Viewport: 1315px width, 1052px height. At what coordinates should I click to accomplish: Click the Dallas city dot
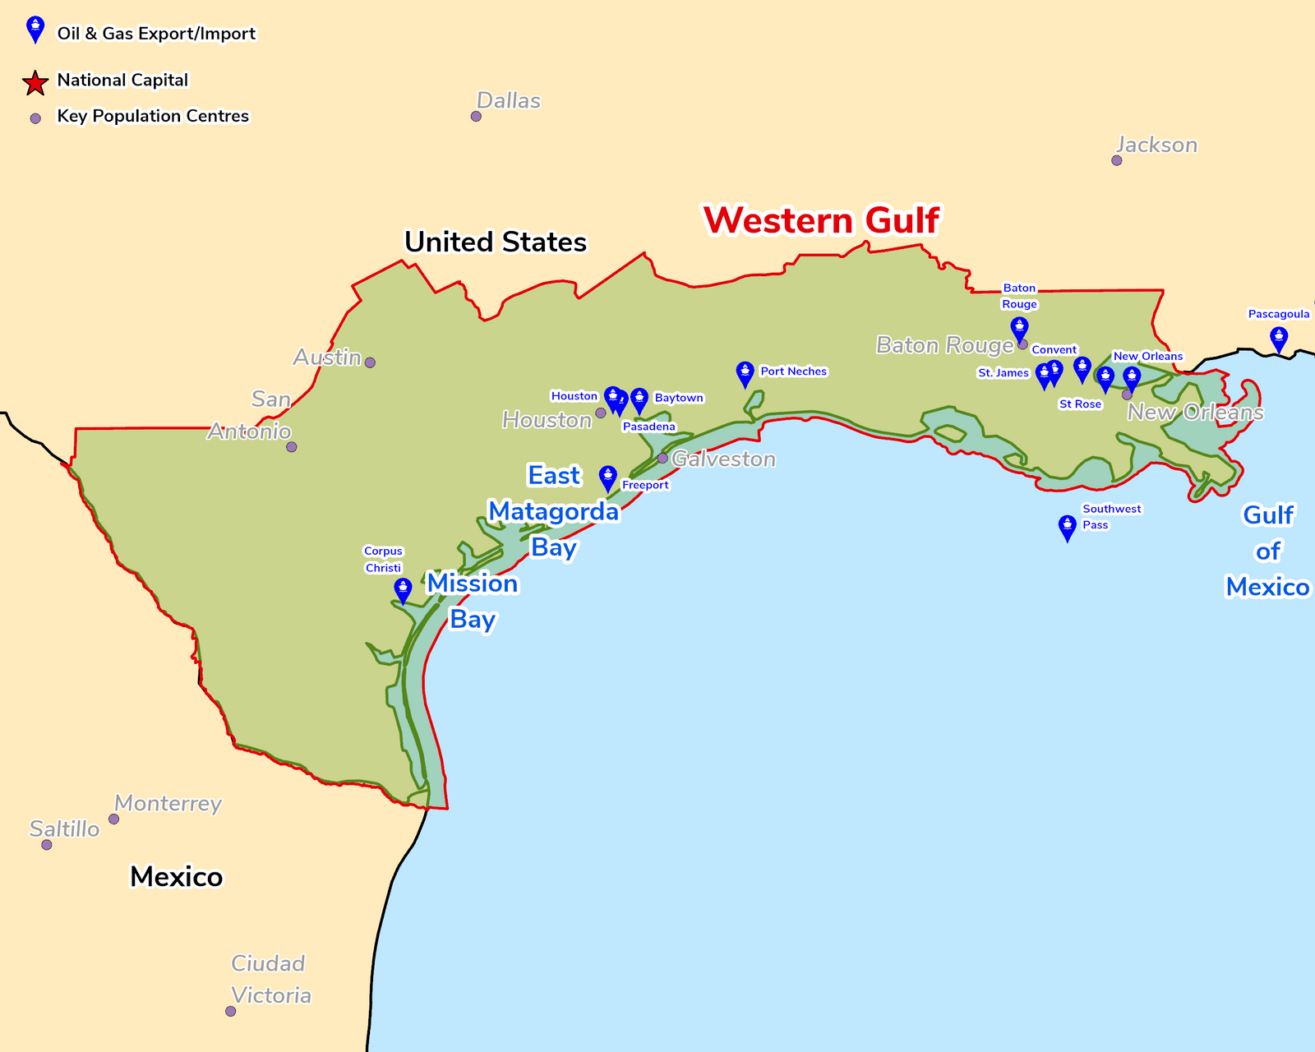476,117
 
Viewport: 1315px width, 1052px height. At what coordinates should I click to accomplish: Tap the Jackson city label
1156,145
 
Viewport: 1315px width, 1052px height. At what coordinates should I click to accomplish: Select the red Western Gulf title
821,220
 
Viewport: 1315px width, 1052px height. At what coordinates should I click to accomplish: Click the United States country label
496,242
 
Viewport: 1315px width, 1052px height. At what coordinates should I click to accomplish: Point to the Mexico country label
176,877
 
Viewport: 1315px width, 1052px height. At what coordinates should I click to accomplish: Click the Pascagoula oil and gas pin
1279,338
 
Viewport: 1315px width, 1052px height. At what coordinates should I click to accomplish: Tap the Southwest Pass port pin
1067,527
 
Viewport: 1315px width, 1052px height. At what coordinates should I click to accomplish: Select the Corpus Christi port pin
403,589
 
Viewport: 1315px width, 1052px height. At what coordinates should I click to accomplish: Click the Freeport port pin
607,478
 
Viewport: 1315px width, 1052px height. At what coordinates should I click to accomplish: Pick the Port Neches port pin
745,373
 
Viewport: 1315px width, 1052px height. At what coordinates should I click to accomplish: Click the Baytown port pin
639,400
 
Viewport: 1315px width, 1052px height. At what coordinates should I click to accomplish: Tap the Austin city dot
370,362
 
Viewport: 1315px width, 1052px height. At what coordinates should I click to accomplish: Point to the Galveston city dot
662,458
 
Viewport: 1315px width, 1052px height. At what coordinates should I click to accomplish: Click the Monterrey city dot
114,819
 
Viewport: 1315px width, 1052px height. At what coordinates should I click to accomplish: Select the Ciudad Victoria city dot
231,1011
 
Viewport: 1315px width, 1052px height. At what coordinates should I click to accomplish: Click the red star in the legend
35,82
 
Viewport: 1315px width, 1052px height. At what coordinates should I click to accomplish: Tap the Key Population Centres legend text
153,116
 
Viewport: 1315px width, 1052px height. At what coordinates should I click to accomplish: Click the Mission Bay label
473,601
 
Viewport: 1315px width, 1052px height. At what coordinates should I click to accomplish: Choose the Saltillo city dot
47,845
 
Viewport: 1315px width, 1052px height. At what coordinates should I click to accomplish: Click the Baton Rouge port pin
1019,329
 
